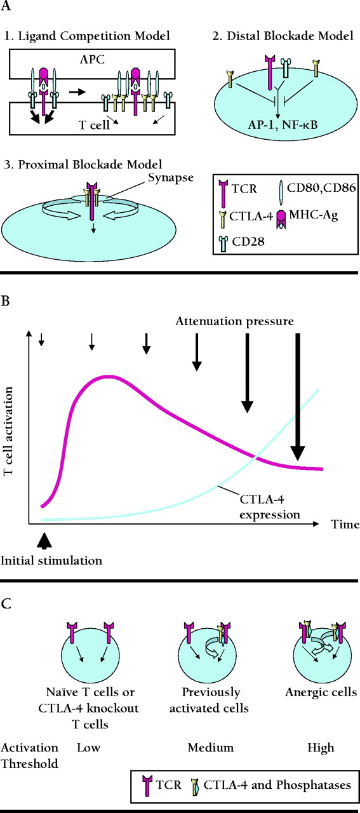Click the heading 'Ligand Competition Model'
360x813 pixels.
pos(94,36)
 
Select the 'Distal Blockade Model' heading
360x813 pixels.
pos(290,36)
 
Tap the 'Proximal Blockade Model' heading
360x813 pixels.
pos(90,165)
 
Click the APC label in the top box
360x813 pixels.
pos(92,59)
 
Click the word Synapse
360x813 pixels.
pos(171,178)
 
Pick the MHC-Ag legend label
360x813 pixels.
pos(314,215)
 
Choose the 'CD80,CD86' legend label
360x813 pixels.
pos(321,187)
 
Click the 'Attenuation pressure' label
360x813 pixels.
pos(234,321)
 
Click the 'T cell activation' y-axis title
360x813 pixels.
pos(8,431)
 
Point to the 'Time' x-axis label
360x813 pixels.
pos(345,524)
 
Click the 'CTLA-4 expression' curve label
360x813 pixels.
pos(270,507)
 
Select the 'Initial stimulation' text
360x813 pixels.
pos(51,560)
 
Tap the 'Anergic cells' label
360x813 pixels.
pos(321,692)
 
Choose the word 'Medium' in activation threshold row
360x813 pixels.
pos(211,748)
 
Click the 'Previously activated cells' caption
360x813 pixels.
pos(209,700)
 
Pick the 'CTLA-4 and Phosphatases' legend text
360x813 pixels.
pos(277,785)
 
